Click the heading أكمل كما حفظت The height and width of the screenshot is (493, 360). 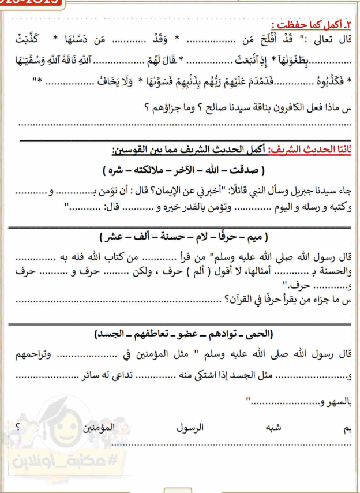306,27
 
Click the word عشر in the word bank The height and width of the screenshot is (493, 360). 112,237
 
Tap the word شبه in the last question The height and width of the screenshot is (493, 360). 272,429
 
